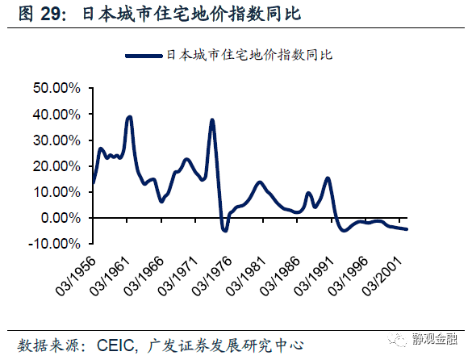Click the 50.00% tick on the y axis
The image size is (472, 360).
pyautogui.click(x=57, y=88)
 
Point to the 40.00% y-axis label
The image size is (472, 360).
pyautogui.click(x=57, y=115)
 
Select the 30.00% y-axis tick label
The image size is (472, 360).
pyautogui.click(x=57, y=140)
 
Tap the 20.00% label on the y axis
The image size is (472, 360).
pyautogui.click(x=57, y=166)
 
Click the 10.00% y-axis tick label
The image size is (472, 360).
pyautogui.click(x=57, y=192)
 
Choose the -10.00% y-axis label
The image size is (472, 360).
pyautogui.click(x=55, y=244)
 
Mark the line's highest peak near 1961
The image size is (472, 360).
pyautogui.click(x=130, y=117)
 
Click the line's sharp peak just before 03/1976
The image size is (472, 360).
pyautogui.click(x=211, y=120)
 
